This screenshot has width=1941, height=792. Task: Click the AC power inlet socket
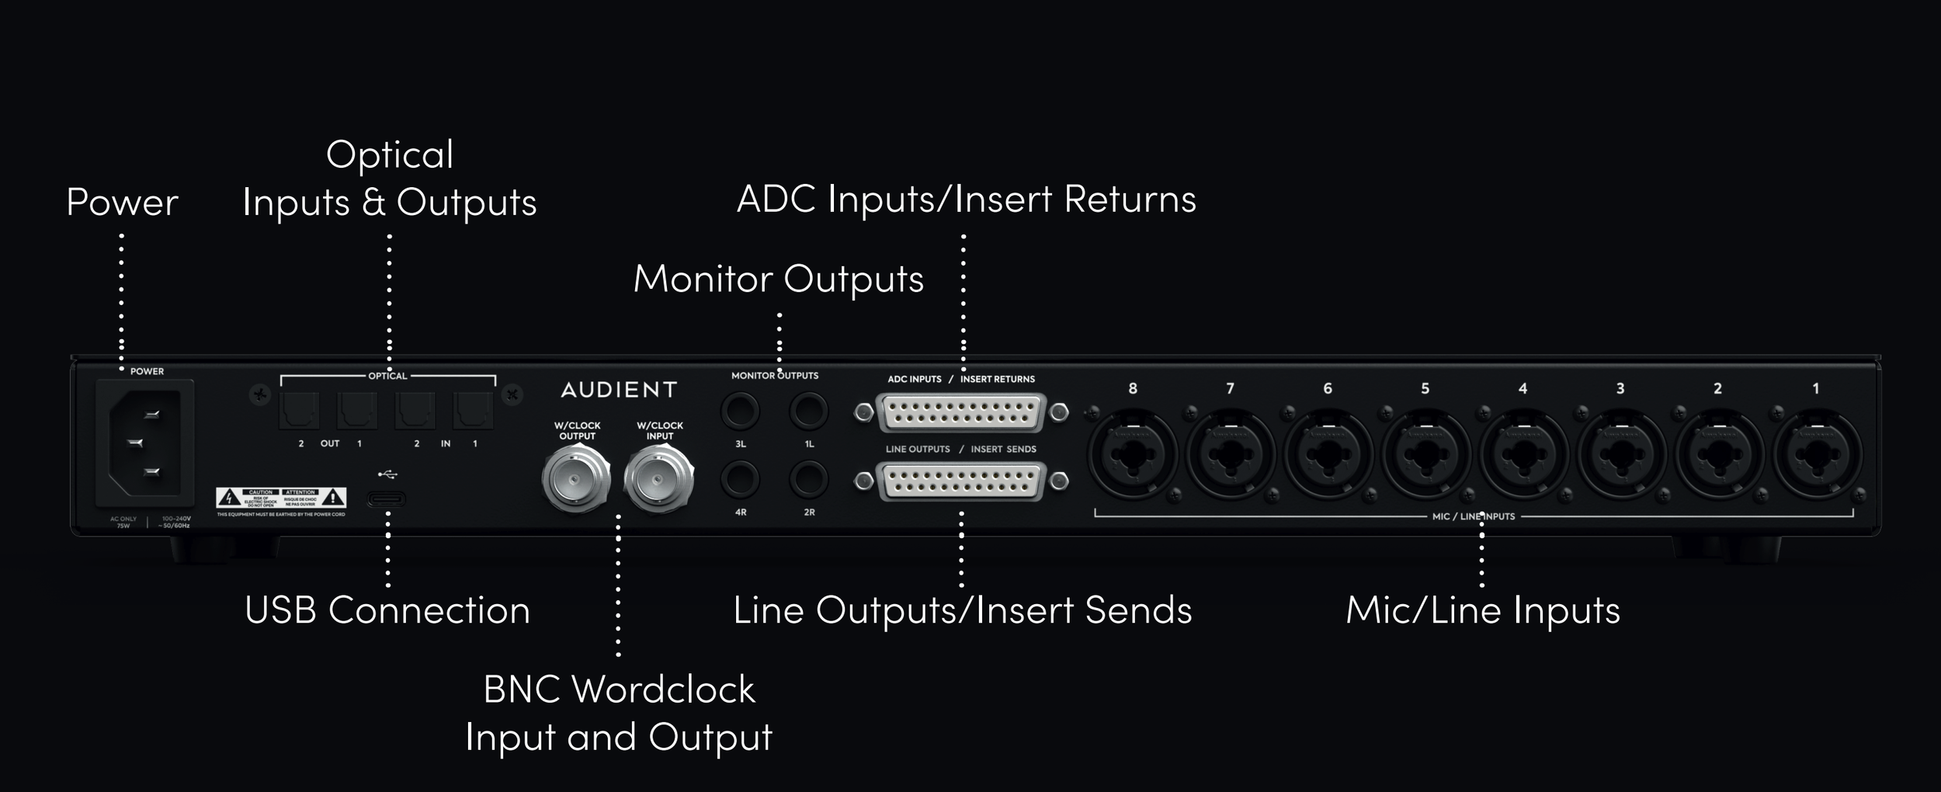tap(144, 443)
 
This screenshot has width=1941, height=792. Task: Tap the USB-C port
tap(386, 498)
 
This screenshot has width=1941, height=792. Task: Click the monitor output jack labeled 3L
tap(740, 411)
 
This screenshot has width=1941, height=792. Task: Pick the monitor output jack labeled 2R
tap(808, 479)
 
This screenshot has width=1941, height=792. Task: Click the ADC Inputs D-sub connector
tap(961, 413)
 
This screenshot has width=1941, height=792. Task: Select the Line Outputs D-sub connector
tap(961, 482)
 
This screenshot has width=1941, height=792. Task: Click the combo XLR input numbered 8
tap(1132, 455)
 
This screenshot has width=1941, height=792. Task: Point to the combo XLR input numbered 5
tap(1425, 455)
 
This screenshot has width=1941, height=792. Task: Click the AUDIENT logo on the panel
tap(619, 390)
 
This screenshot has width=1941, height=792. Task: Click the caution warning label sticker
tap(281, 498)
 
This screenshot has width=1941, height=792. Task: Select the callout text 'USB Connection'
tap(387, 610)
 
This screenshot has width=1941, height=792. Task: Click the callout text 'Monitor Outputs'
tap(778, 279)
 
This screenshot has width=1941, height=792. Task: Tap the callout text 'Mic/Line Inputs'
tap(1482, 610)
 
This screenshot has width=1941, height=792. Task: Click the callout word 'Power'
tap(122, 203)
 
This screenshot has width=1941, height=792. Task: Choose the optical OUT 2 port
tap(300, 411)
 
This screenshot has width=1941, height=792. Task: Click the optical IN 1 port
tap(474, 411)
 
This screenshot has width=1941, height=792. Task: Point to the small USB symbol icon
tap(387, 474)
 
